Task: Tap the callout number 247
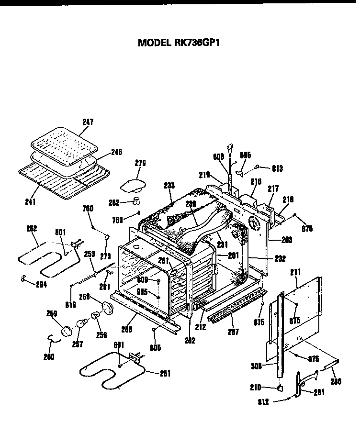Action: tap(88, 122)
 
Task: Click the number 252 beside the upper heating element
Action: tap(33, 229)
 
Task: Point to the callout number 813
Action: tap(277, 168)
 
